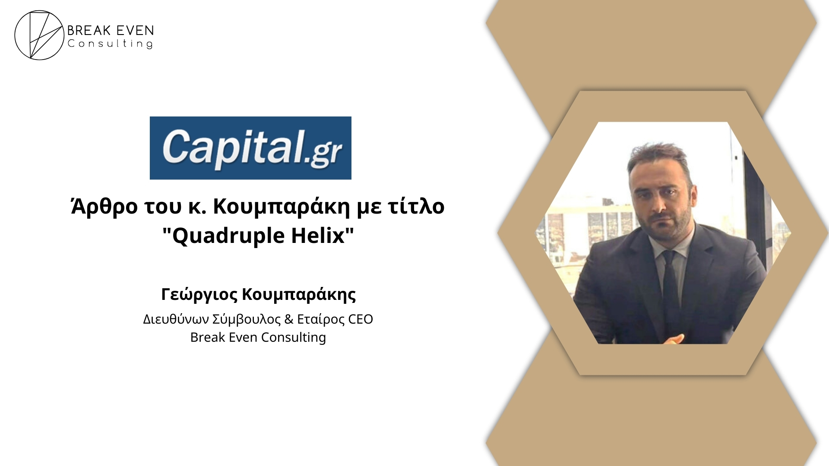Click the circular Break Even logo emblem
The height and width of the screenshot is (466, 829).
click(39, 35)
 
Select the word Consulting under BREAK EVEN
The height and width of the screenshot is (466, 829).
click(110, 44)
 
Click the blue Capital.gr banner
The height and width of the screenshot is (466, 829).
click(250, 148)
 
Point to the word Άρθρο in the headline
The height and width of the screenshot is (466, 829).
click(104, 206)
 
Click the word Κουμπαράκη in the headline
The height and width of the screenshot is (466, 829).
click(282, 206)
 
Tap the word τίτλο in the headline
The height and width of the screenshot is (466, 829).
click(416, 206)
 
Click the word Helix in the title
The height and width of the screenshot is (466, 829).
click(318, 235)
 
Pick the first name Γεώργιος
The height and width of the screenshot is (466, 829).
click(199, 294)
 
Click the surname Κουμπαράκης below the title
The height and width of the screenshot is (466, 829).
click(299, 294)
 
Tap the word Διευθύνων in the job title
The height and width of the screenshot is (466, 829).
click(176, 319)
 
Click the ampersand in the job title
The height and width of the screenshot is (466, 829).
click(289, 319)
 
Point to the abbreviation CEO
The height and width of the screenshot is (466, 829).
click(361, 319)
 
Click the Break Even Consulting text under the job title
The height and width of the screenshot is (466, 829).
click(258, 337)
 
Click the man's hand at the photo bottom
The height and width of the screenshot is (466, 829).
click(674, 339)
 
